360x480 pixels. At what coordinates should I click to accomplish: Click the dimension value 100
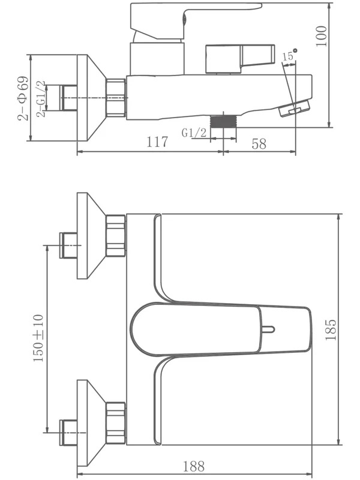click(x=322, y=36)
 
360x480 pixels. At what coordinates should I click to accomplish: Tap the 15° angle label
click(x=290, y=55)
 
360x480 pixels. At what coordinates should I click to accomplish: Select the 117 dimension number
click(x=157, y=142)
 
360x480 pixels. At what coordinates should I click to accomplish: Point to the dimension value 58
click(x=259, y=143)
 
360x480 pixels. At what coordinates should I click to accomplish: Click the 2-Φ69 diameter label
click(x=23, y=98)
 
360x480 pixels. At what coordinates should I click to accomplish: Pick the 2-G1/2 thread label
click(x=41, y=99)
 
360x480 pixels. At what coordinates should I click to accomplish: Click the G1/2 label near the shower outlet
click(x=194, y=133)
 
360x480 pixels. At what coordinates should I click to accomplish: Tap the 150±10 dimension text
click(x=38, y=338)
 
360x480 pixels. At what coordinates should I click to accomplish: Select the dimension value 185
click(x=331, y=329)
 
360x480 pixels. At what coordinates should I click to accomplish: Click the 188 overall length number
click(x=193, y=466)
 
